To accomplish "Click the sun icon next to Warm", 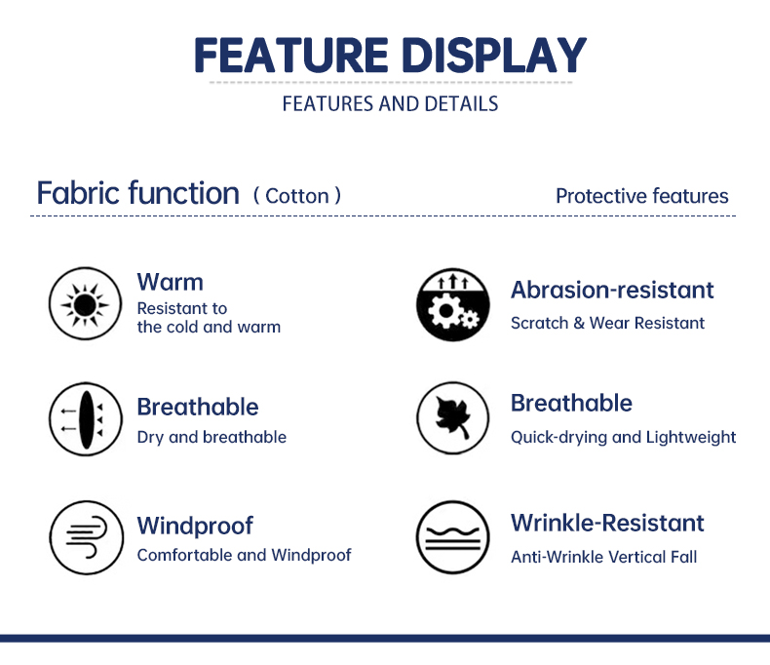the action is pos(85,304).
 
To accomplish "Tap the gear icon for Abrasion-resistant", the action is pos(453,304).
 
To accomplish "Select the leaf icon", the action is pos(453,418).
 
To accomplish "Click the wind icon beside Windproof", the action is pos(87,538).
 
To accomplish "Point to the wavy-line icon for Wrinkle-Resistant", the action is pos(453,537).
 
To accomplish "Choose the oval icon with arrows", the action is pos(86,419).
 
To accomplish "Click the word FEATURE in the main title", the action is pos(291,55).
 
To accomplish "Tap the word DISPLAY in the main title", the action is pos(494,55).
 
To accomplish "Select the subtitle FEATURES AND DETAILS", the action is pos(391,104).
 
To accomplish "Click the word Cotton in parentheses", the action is pos(297,196).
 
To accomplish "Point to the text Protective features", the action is pos(642,196).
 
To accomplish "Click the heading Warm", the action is pos(170,282).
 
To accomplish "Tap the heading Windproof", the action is pos(195,526).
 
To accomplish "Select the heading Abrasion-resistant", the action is pos(612,290).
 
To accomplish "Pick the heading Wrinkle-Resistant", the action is pos(607,523).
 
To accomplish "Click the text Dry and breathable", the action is pos(212,437).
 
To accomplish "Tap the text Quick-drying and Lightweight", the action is pos(623,437).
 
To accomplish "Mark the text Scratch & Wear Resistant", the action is pos(607,323).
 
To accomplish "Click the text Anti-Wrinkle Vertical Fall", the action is pos(604,557).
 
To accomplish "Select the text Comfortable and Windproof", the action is pos(244,555).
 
